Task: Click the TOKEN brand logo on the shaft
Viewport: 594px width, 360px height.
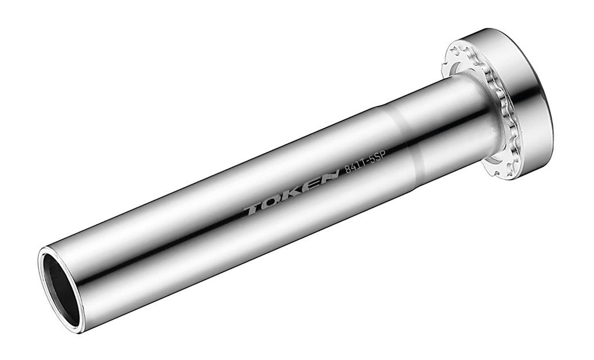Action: (291, 192)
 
